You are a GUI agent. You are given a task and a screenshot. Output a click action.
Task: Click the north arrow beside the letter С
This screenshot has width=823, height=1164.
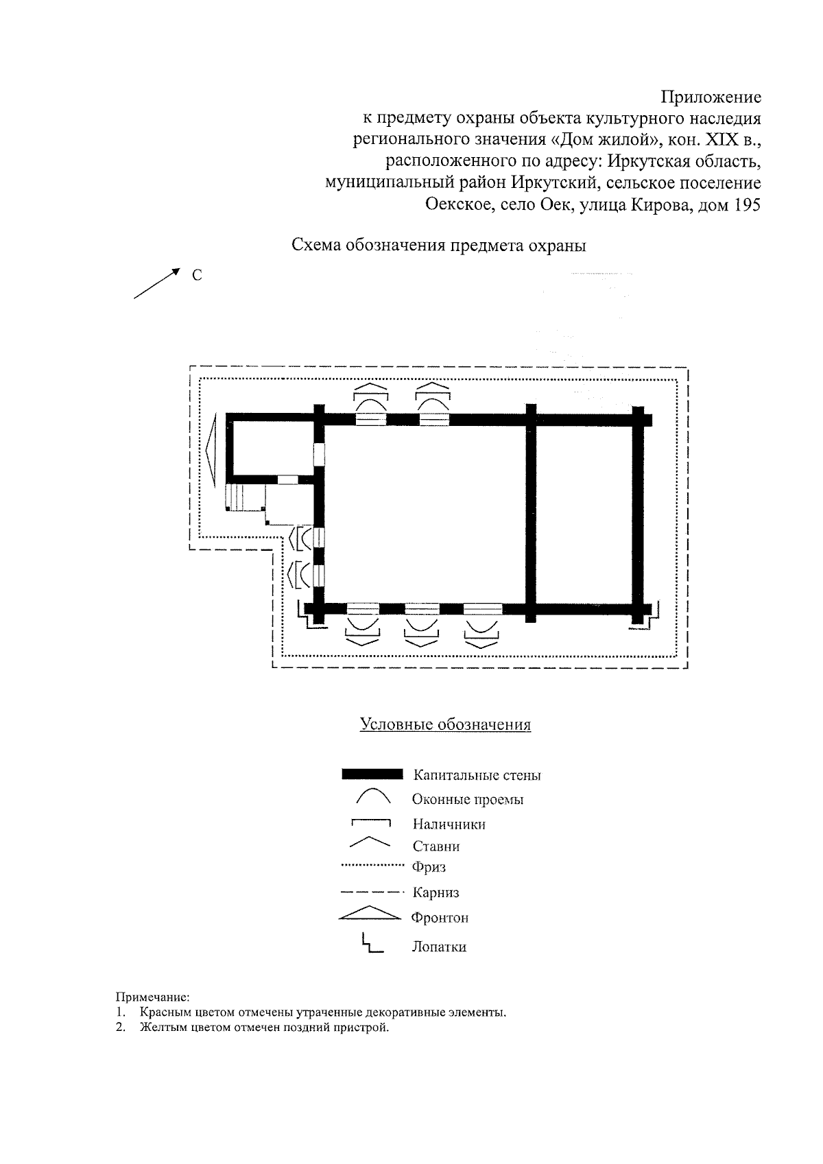click(157, 283)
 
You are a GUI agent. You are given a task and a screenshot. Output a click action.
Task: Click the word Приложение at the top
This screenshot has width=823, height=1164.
click(711, 97)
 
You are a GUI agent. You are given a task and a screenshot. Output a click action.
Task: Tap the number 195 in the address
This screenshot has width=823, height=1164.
click(746, 205)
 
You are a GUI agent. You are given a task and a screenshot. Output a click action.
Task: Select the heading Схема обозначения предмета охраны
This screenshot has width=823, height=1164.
click(439, 246)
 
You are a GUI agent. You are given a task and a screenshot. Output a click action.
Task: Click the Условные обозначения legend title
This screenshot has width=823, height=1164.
click(446, 725)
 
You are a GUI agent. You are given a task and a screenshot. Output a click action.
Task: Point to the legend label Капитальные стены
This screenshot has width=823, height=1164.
click(477, 776)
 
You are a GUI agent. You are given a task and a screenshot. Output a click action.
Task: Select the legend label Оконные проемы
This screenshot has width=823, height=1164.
click(468, 800)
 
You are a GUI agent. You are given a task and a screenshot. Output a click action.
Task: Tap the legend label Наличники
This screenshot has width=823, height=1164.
click(449, 824)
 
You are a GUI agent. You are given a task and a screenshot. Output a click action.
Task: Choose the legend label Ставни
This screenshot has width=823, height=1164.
click(436, 846)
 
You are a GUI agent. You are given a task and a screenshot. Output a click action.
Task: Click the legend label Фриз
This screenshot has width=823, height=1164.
click(429, 868)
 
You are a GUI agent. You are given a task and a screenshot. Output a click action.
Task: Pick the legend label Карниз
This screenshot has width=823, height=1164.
click(436, 893)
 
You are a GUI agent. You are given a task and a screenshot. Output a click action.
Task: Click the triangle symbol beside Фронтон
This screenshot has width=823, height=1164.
click(370, 914)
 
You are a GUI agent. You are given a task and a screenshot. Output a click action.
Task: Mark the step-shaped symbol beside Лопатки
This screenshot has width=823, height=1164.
click(371, 945)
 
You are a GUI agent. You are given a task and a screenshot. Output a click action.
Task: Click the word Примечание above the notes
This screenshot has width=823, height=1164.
click(151, 997)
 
